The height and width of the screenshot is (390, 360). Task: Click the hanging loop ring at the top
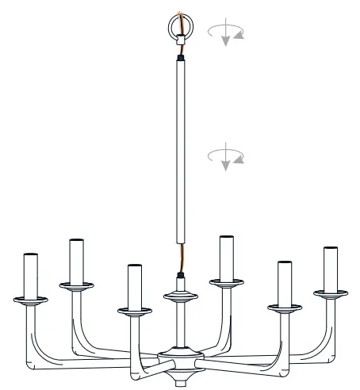[x=179, y=25]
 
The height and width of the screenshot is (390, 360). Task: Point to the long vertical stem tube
[x=180, y=151]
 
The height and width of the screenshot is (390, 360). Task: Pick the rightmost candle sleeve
[x=331, y=270]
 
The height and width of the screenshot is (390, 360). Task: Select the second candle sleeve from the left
[x=77, y=259]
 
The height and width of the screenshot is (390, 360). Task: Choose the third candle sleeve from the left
[x=134, y=285]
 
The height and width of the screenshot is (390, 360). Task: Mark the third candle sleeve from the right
[x=226, y=258]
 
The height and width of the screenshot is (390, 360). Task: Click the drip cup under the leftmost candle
[x=31, y=300]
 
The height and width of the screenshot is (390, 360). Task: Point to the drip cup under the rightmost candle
[x=331, y=294]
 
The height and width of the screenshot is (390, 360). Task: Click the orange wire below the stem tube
[x=181, y=260]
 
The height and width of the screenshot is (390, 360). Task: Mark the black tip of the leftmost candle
[x=31, y=254]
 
